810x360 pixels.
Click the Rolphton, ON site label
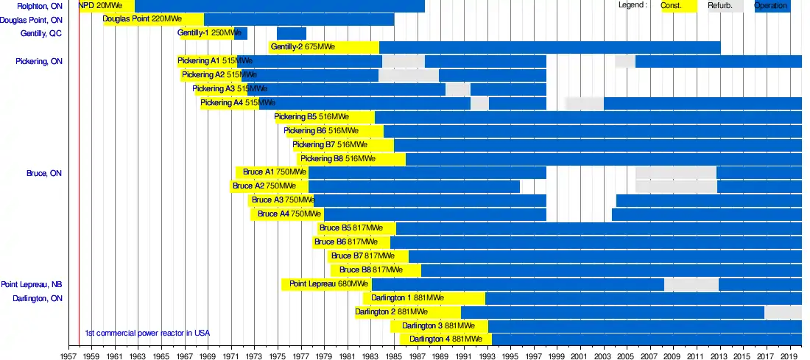43,6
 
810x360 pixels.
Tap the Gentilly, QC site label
41,33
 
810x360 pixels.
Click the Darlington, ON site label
38,298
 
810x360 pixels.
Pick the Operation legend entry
772,6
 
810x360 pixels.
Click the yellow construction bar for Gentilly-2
324,47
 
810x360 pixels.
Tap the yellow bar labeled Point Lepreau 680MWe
326,284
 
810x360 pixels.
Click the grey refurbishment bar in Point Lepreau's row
691,284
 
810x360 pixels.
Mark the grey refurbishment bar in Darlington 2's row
783,312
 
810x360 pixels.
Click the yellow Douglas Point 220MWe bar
153,19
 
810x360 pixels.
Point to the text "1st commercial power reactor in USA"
147,332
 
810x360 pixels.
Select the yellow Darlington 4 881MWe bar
445,339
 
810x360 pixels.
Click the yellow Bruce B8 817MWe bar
376,270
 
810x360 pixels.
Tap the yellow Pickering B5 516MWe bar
324,117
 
